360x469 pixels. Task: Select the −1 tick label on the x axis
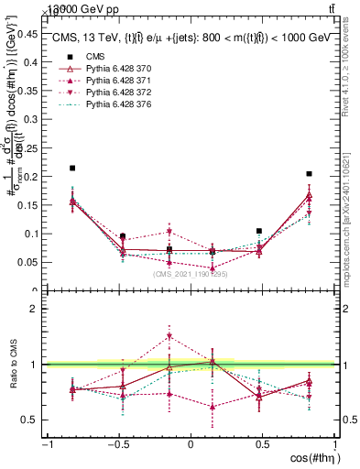[46, 444]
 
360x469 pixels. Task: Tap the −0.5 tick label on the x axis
[117, 444]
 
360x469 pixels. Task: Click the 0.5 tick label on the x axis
[263, 444]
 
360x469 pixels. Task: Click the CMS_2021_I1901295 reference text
[191, 273]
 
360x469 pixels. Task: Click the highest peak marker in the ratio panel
[169, 336]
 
